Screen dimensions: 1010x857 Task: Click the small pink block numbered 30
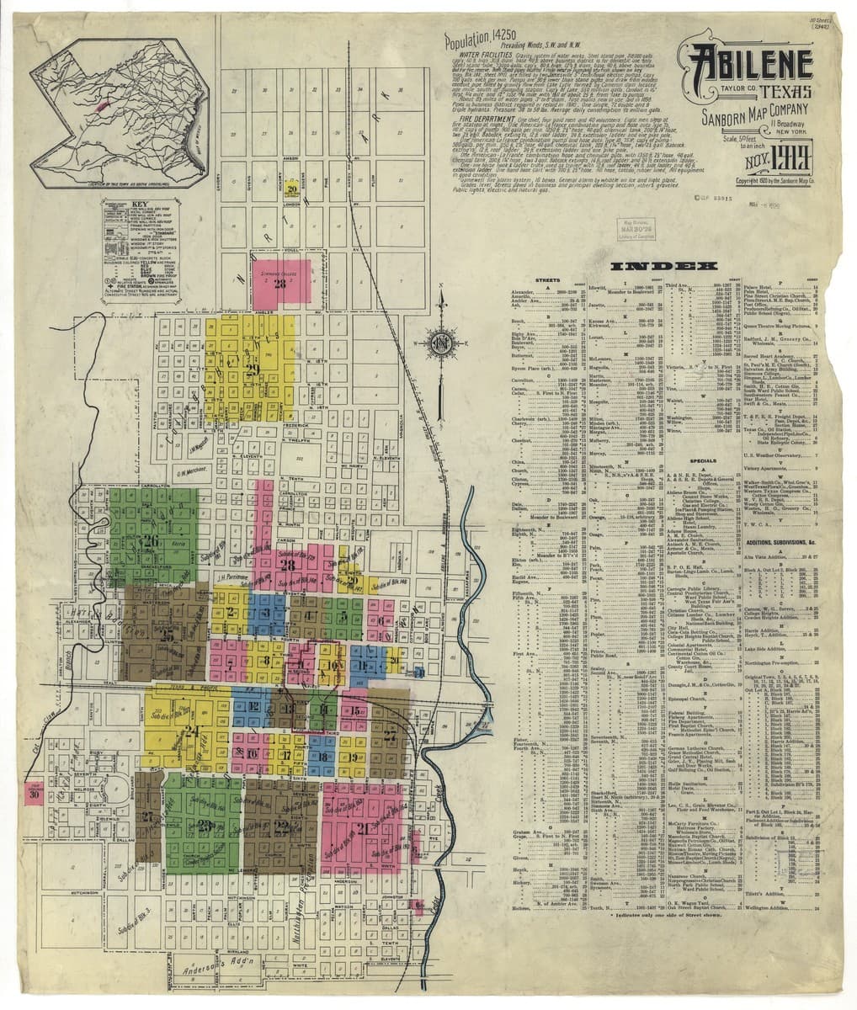[x=34, y=793]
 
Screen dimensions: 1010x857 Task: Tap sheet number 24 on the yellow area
[x=192, y=731]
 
